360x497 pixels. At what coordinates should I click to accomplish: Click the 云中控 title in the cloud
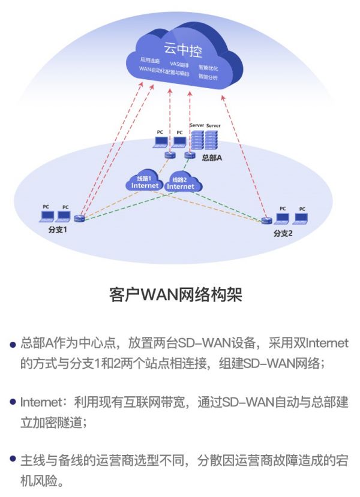(182, 50)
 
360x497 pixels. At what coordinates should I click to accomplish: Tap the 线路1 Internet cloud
(145, 180)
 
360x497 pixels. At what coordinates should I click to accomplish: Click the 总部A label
(212, 158)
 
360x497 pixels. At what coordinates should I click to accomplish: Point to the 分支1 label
(58, 230)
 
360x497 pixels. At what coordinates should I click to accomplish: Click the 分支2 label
(283, 234)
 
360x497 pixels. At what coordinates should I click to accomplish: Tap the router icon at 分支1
(79, 218)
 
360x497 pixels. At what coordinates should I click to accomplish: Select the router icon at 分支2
(267, 220)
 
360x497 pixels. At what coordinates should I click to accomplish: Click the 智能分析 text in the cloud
(208, 77)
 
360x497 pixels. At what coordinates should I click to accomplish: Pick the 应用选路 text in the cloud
(150, 60)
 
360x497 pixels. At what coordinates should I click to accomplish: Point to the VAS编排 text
(179, 65)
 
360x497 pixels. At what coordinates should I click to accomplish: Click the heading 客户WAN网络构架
(176, 295)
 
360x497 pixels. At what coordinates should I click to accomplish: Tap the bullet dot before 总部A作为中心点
(13, 345)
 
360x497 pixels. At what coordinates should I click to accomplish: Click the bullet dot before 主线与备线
(13, 458)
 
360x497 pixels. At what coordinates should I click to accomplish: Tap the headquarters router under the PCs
(170, 155)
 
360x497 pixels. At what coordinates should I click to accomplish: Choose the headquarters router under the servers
(190, 155)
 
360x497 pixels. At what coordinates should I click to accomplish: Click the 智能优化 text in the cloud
(208, 68)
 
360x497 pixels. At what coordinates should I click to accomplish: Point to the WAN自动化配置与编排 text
(164, 71)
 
